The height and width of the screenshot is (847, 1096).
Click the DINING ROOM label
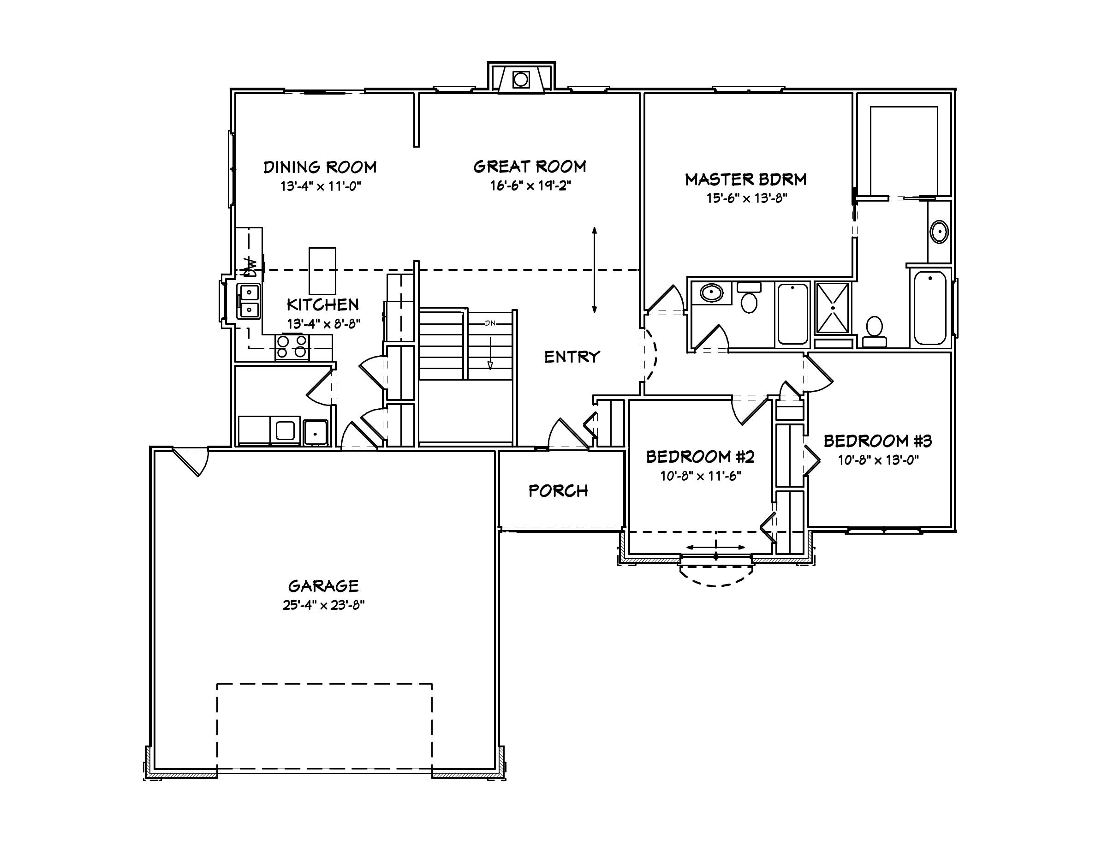click(320, 167)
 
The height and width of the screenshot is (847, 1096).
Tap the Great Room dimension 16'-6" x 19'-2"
click(530, 185)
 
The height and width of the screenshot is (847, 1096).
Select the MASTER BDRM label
click(746, 179)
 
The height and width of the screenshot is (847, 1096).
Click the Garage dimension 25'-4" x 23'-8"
click(323, 605)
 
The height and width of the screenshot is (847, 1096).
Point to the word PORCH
click(558, 491)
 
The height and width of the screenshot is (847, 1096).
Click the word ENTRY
click(572, 357)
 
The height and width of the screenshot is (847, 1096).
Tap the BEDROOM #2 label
click(700, 457)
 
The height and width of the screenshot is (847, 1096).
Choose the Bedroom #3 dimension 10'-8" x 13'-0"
click(878, 460)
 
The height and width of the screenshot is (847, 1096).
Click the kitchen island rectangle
click(322, 271)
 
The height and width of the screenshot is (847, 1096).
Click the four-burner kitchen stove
click(292, 347)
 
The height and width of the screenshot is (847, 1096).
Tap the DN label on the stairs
click(490, 323)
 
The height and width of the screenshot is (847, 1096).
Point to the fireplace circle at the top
click(521, 79)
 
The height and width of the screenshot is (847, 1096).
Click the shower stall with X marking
click(833, 308)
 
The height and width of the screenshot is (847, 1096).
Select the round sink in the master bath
click(939, 233)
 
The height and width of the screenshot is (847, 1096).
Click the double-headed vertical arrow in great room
click(594, 270)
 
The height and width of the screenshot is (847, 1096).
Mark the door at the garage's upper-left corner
click(193, 460)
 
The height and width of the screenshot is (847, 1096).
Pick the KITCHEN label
click(323, 304)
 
